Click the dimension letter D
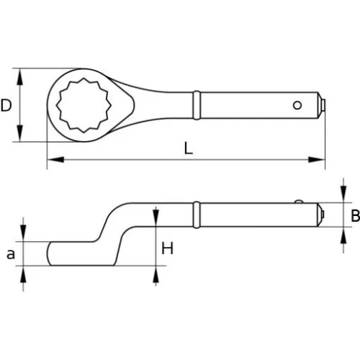tap(6, 106)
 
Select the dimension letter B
tap(354, 215)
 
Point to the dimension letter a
tap(9, 253)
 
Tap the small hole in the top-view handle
tap(297, 105)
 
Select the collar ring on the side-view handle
tap(195, 215)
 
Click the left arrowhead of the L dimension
tap(51, 159)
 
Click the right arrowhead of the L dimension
tap(320, 159)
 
